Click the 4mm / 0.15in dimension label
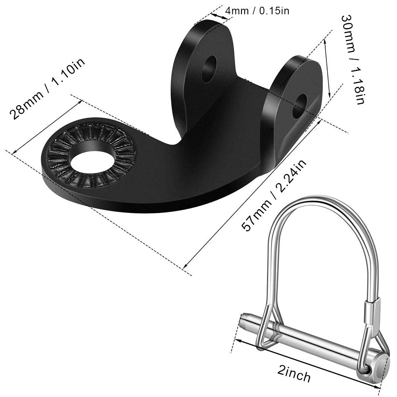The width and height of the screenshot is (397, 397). (257, 10)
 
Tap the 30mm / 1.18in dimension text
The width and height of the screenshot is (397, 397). (353, 59)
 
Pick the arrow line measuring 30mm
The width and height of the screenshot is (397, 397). (327, 67)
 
